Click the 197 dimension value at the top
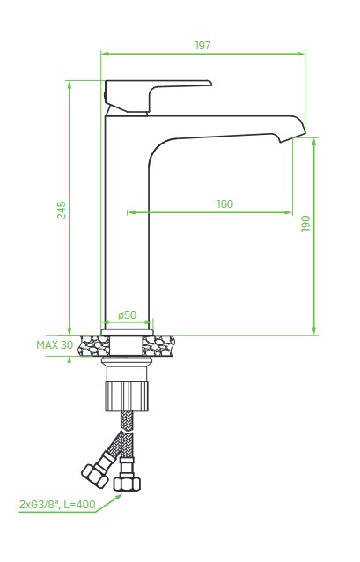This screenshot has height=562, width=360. (x=202, y=46)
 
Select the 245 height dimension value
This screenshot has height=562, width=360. (x=62, y=210)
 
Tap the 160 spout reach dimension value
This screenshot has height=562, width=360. (x=225, y=204)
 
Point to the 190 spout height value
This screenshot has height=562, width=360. (x=305, y=223)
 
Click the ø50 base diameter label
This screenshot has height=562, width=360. (x=127, y=314)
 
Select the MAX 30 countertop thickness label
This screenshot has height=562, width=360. (x=55, y=344)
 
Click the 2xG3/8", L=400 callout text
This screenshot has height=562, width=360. (x=57, y=505)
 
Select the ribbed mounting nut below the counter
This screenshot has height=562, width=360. (x=127, y=396)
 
